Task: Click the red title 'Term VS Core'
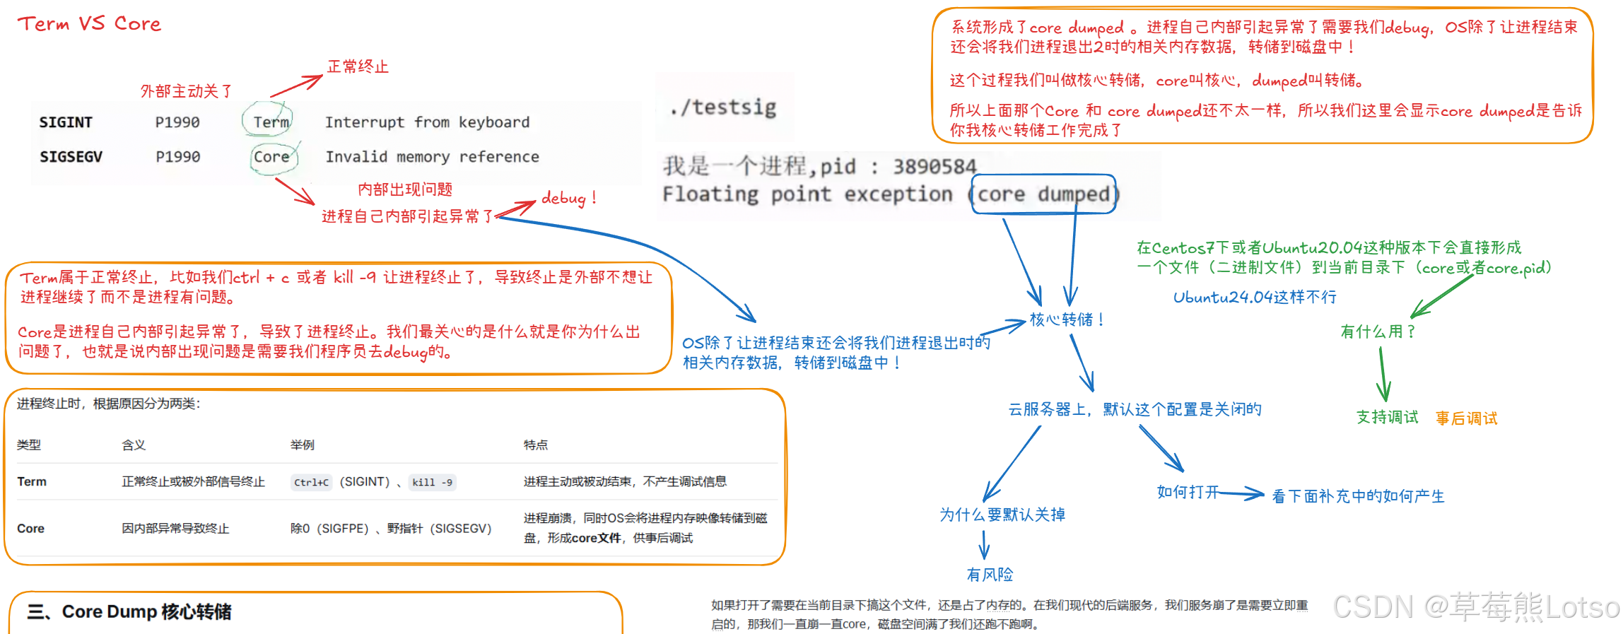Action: (x=89, y=24)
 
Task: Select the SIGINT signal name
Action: (x=66, y=122)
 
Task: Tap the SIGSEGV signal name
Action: (x=71, y=157)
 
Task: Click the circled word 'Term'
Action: (x=271, y=122)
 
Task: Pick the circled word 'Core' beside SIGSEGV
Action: (x=271, y=157)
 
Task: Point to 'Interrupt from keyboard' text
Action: (x=427, y=122)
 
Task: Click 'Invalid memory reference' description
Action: (x=432, y=157)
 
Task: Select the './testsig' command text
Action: (x=723, y=107)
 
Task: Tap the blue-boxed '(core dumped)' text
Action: (x=1043, y=194)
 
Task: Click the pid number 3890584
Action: (x=934, y=167)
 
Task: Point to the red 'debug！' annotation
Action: (x=568, y=198)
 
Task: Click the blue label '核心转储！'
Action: (x=1067, y=319)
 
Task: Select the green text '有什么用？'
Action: (x=1378, y=331)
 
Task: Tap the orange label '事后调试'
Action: (x=1466, y=418)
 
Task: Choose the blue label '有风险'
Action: (x=990, y=575)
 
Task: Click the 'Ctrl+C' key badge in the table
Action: (x=311, y=483)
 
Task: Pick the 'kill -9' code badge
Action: (x=432, y=483)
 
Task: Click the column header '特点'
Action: (x=535, y=445)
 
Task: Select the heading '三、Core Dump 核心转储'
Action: (x=129, y=611)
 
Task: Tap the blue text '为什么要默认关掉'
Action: (x=1002, y=515)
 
